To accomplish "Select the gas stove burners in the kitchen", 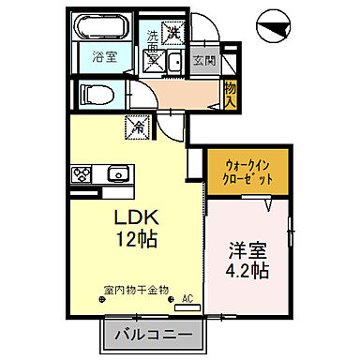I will (x=82, y=174).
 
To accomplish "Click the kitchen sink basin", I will (x=118, y=174).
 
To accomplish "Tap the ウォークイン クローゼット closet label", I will (x=242, y=171).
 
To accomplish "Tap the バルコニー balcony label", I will (x=153, y=334).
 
